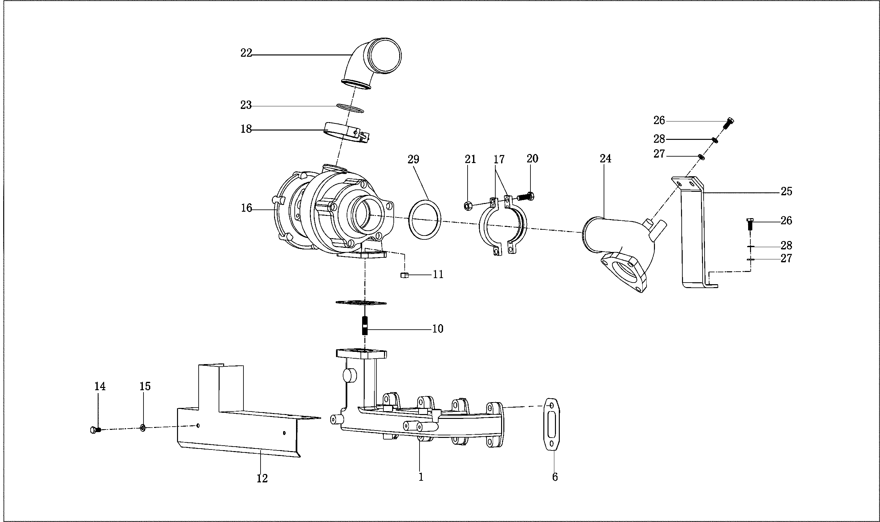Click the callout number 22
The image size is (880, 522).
click(x=246, y=53)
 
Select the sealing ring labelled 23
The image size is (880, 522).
click(x=350, y=108)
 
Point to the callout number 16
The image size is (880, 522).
click(x=246, y=208)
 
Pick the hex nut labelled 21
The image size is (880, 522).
click(x=468, y=206)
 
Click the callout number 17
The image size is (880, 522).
click(x=499, y=160)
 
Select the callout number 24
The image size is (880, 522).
click(x=606, y=159)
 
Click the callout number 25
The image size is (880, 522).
click(x=786, y=192)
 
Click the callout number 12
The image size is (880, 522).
click(x=262, y=478)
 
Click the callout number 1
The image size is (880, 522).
click(x=420, y=477)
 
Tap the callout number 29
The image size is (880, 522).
click(x=413, y=160)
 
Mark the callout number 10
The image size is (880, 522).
click(x=438, y=329)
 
